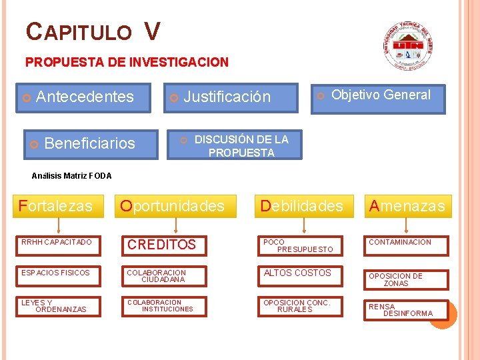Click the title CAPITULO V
pos(93,31)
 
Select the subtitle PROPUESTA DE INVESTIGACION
pos(127,62)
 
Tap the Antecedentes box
pos(84,97)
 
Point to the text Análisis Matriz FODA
pos(72,176)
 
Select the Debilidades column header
pos(302,206)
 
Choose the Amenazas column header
pos(407,206)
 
